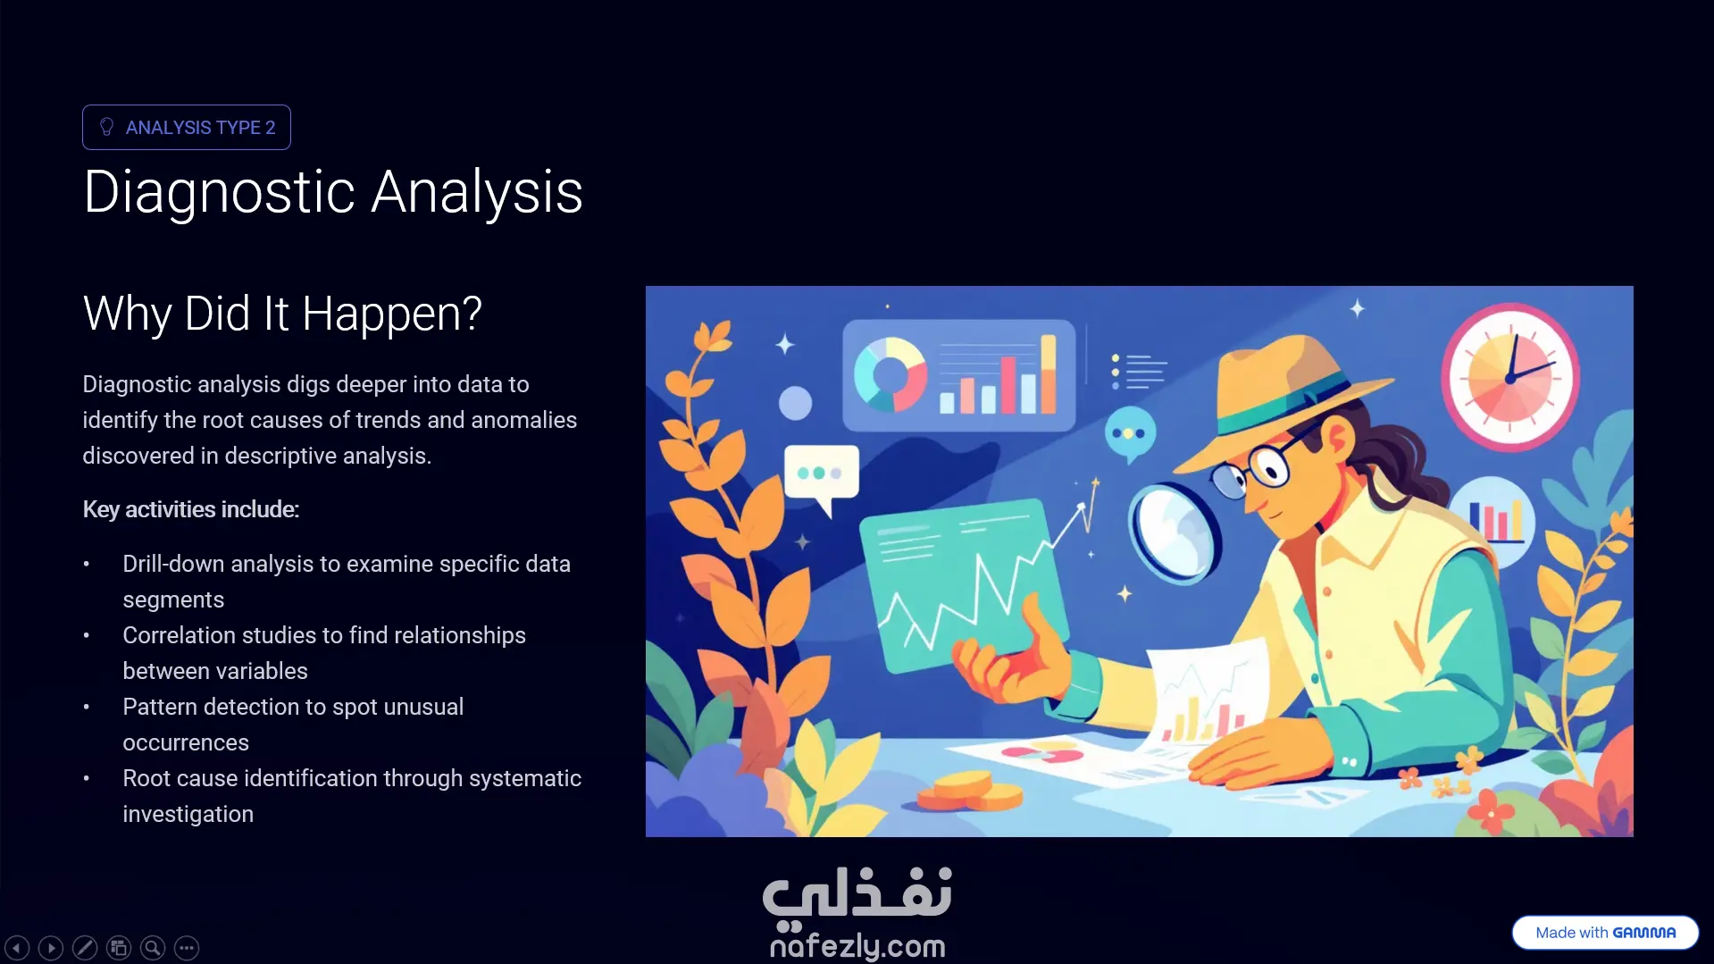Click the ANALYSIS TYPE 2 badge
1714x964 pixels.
(187, 127)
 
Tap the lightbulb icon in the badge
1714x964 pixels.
(107, 127)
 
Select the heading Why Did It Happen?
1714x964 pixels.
(282, 314)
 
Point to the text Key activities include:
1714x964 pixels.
(190, 509)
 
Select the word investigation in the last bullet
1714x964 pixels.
(188, 814)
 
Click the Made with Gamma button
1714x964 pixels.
(1605, 933)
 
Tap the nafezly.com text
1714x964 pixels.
(857, 945)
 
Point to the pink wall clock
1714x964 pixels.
(1510, 376)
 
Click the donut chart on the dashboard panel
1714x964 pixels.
(890, 374)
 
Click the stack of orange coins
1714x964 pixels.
(971, 792)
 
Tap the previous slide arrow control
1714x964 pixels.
(17, 948)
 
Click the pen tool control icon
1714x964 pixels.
(85, 948)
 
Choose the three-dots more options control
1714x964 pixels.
(187, 948)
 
